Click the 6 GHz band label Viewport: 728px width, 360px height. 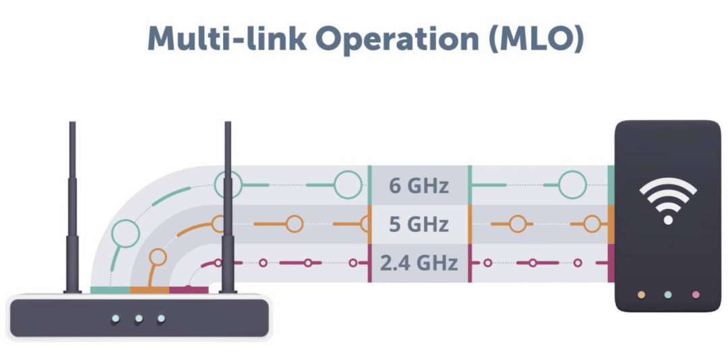[419, 185]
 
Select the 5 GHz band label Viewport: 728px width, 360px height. [419, 224]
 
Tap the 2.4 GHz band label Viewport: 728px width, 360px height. [419, 262]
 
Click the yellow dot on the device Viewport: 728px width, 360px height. [641, 295]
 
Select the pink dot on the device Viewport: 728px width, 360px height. [696, 295]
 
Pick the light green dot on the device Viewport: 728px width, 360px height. [668, 295]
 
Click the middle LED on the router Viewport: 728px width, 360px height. [139, 318]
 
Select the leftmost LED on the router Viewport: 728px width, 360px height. [116, 318]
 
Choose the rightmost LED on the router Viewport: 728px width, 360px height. [161, 318]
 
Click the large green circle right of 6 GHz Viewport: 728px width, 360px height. [572, 185]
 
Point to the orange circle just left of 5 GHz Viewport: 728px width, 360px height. [294, 224]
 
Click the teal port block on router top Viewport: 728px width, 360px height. [109, 290]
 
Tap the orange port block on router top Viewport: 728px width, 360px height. [149, 290]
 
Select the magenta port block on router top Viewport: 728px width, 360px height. [188, 290]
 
